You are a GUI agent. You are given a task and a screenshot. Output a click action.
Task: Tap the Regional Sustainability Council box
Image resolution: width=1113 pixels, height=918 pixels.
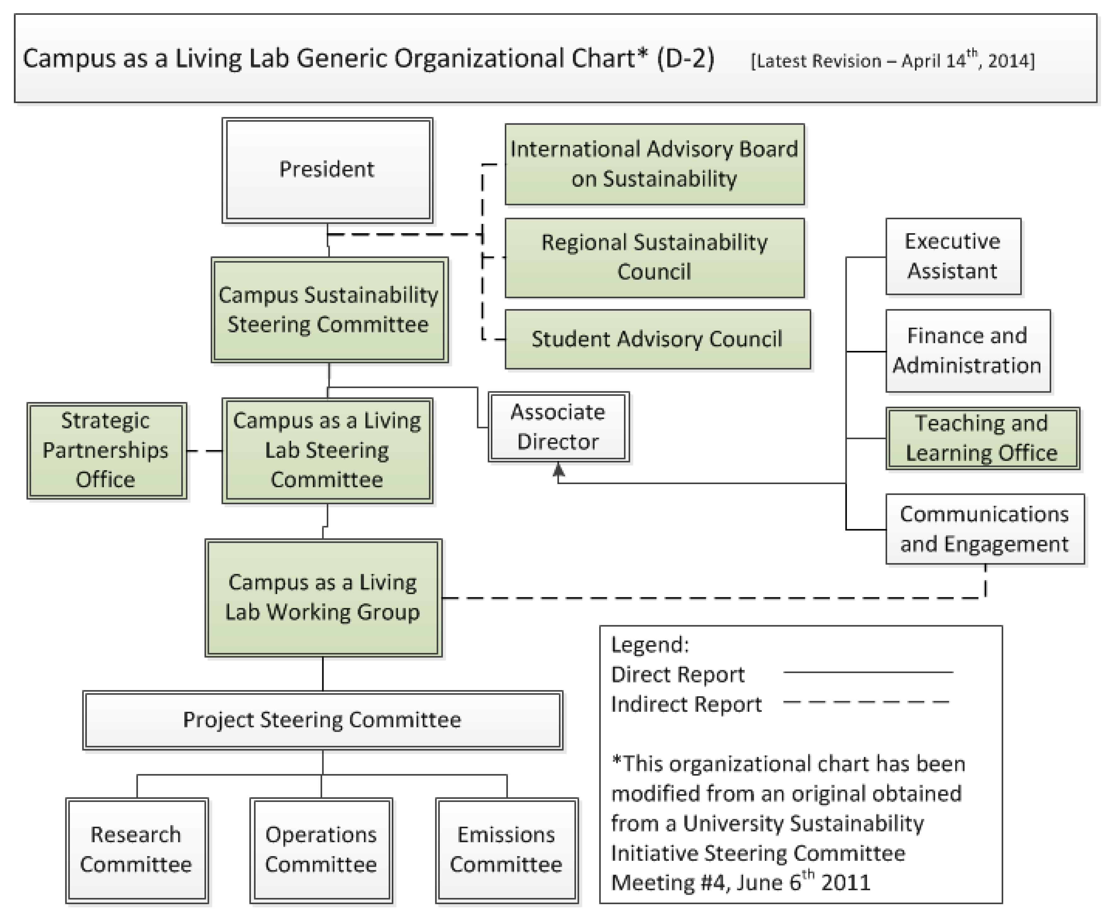pyautogui.click(x=654, y=258)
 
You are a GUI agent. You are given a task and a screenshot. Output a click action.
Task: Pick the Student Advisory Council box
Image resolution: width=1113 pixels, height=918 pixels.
pyautogui.click(x=657, y=339)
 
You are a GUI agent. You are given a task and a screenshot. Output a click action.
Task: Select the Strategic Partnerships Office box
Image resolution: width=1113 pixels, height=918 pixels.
pyautogui.click(x=106, y=451)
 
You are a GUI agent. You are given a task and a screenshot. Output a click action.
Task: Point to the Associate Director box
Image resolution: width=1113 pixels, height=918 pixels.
pyautogui.click(x=558, y=427)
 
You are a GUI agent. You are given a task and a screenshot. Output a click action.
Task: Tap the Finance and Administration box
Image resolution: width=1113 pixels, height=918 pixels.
pyautogui.click(x=967, y=351)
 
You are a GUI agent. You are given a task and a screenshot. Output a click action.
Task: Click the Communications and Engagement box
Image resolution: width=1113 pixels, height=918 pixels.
pyautogui.click(x=985, y=529)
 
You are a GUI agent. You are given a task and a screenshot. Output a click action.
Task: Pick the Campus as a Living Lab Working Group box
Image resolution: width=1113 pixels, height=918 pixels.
pyautogui.click(x=323, y=598)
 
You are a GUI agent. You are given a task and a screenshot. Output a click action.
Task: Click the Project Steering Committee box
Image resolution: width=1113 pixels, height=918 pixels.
pyautogui.click(x=322, y=720)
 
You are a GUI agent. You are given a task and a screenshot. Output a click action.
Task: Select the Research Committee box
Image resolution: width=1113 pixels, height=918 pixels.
pyautogui.click(x=136, y=850)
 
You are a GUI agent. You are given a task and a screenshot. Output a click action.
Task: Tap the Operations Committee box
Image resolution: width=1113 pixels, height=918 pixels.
pyautogui.click(x=321, y=850)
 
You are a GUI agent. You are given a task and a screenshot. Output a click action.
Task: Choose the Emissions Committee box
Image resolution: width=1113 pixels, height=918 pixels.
pyautogui.click(x=506, y=850)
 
